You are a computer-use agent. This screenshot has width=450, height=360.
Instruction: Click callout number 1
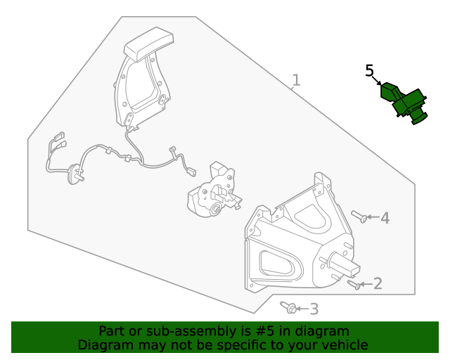296,80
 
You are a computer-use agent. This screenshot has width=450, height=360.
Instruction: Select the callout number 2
378,283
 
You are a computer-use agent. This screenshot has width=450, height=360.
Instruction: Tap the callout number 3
314,309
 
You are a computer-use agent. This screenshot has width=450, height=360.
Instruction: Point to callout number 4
385,218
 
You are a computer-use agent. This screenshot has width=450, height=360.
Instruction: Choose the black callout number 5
370,70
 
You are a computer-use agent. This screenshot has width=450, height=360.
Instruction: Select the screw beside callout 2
354,284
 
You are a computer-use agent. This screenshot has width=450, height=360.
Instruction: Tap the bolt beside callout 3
289,307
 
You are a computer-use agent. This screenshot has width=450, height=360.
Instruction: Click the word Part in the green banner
112,331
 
